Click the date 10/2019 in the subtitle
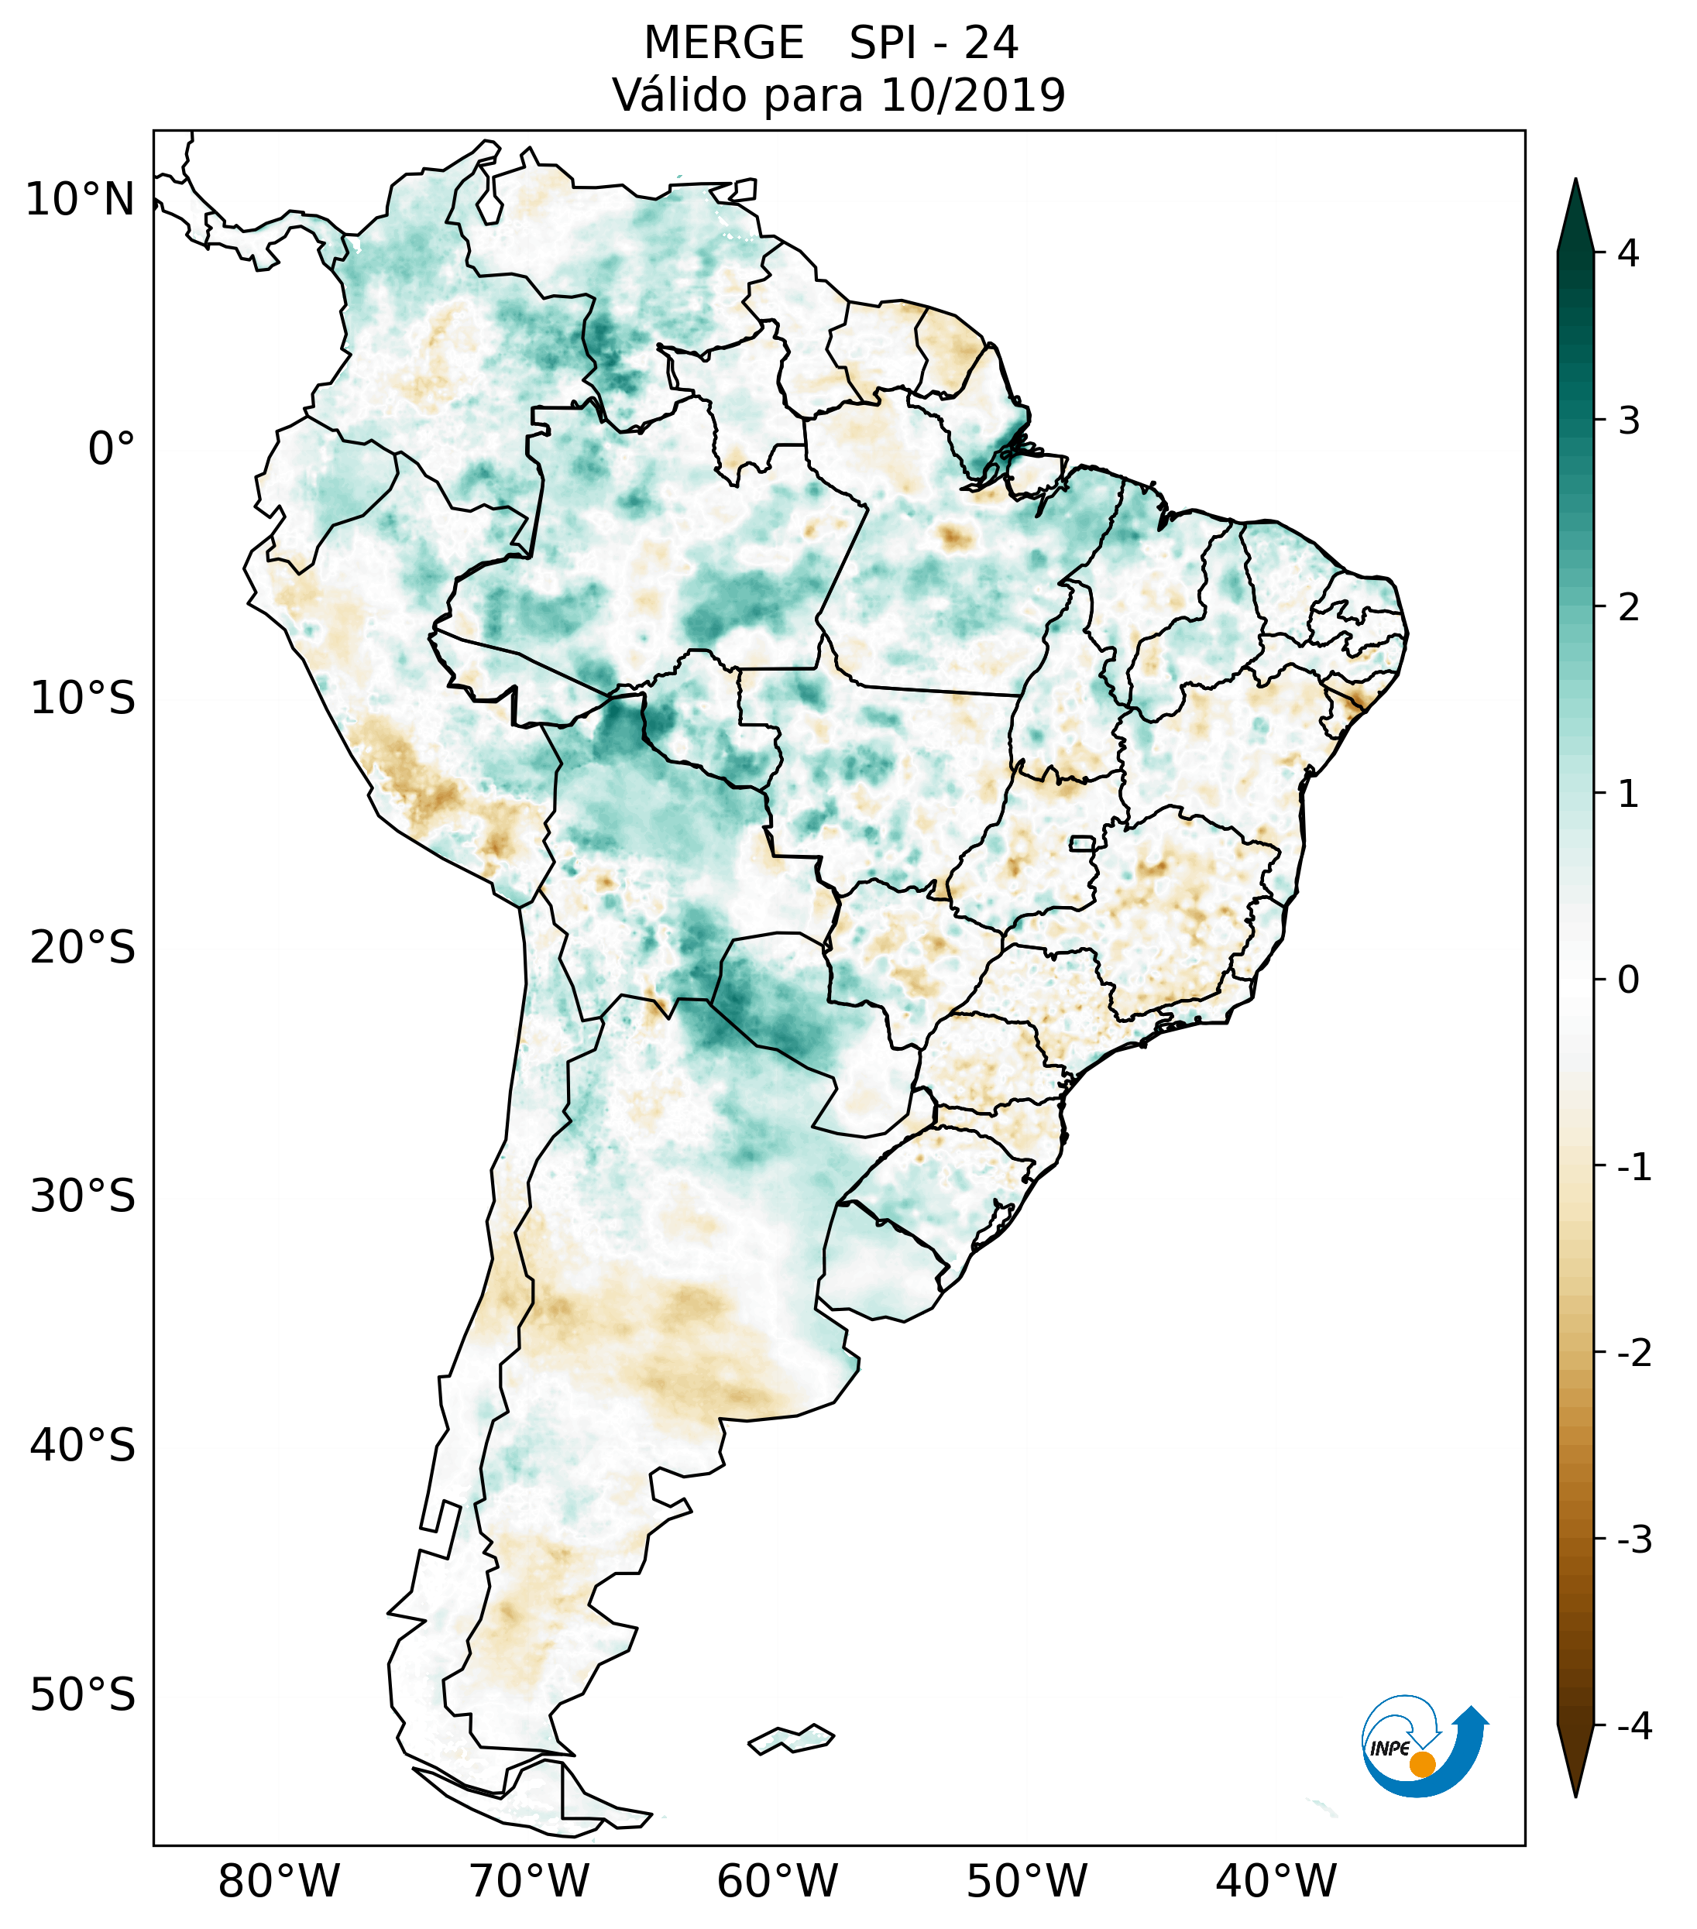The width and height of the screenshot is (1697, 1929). tap(972, 95)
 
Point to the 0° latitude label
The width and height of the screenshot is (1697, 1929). tap(112, 449)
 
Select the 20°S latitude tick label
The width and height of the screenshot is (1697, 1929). tap(83, 948)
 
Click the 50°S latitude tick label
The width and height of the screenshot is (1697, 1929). tap(83, 1696)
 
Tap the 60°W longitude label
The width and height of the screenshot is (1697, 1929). tap(777, 1882)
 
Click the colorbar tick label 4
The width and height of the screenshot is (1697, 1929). tap(1627, 253)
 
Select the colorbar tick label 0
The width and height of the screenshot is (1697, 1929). tap(1628, 980)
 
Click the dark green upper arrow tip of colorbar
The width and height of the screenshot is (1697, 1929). tap(1575, 212)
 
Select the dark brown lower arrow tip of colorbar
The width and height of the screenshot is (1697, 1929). tap(1575, 1765)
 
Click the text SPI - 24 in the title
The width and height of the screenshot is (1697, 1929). tap(933, 43)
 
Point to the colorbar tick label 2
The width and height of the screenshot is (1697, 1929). tap(1628, 608)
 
